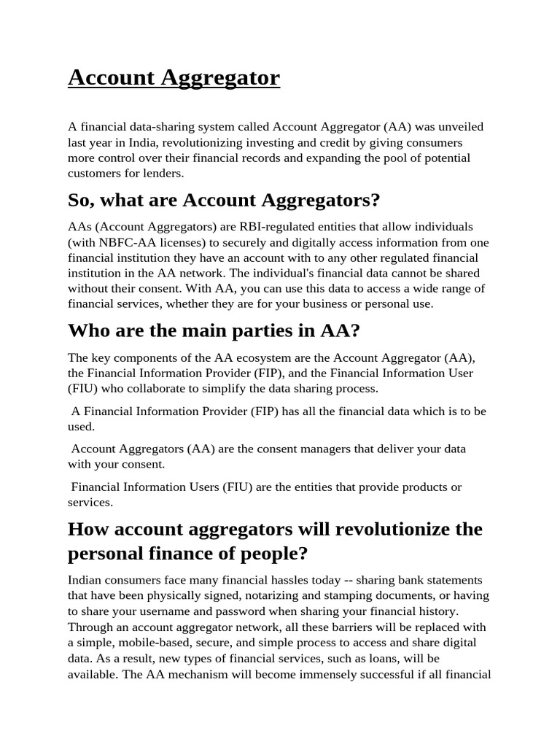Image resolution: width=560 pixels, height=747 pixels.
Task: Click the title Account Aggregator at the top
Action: click(x=174, y=77)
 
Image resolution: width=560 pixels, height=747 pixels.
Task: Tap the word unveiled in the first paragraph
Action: click(x=459, y=127)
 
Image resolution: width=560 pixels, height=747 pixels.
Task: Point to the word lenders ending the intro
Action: click(x=162, y=173)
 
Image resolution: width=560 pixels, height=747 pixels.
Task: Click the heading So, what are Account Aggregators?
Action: click(x=224, y=200)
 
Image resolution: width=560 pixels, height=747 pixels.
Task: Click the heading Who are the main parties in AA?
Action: click(x=214, y=330)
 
